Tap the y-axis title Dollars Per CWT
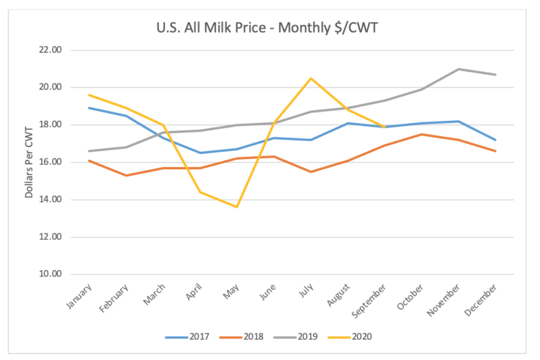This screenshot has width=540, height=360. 30,162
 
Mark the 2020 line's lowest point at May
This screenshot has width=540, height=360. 236,207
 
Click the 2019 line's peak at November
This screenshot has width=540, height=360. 459,69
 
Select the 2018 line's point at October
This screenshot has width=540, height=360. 422,134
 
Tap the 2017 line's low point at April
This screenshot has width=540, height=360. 199,153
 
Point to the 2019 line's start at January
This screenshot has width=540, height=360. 88,151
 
